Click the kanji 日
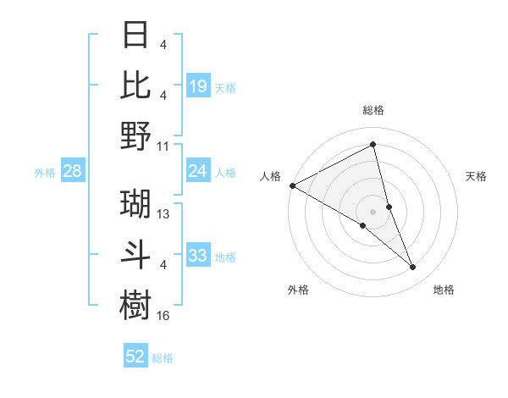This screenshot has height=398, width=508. [x=136, y=36]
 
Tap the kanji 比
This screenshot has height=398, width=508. [x=136, y=86]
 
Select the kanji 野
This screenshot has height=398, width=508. [x=136, y=135]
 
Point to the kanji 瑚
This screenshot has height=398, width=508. [x=136, y=204]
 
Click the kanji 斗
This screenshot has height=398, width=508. [x=136, y=254]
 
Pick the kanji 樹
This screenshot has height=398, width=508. [x=136, y=303]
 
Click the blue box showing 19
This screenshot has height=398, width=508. [x=198, y=86]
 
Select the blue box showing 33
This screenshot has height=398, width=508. [x=198, y=256]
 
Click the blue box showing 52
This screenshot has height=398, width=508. [x=135, y=357]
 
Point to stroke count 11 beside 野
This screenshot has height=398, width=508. [x=163, y=146]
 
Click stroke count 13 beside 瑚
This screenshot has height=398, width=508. [x=163, y=215]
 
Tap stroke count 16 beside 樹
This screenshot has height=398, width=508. [x=163, y=315]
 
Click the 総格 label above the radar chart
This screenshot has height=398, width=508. [x=373, y=110]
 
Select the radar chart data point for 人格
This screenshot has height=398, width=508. [x=292, y=185]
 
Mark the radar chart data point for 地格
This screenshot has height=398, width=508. [x=413, y=268]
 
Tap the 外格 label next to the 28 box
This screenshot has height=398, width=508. [x=45, y=173]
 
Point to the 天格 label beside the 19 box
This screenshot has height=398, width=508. [x=225, y=87]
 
